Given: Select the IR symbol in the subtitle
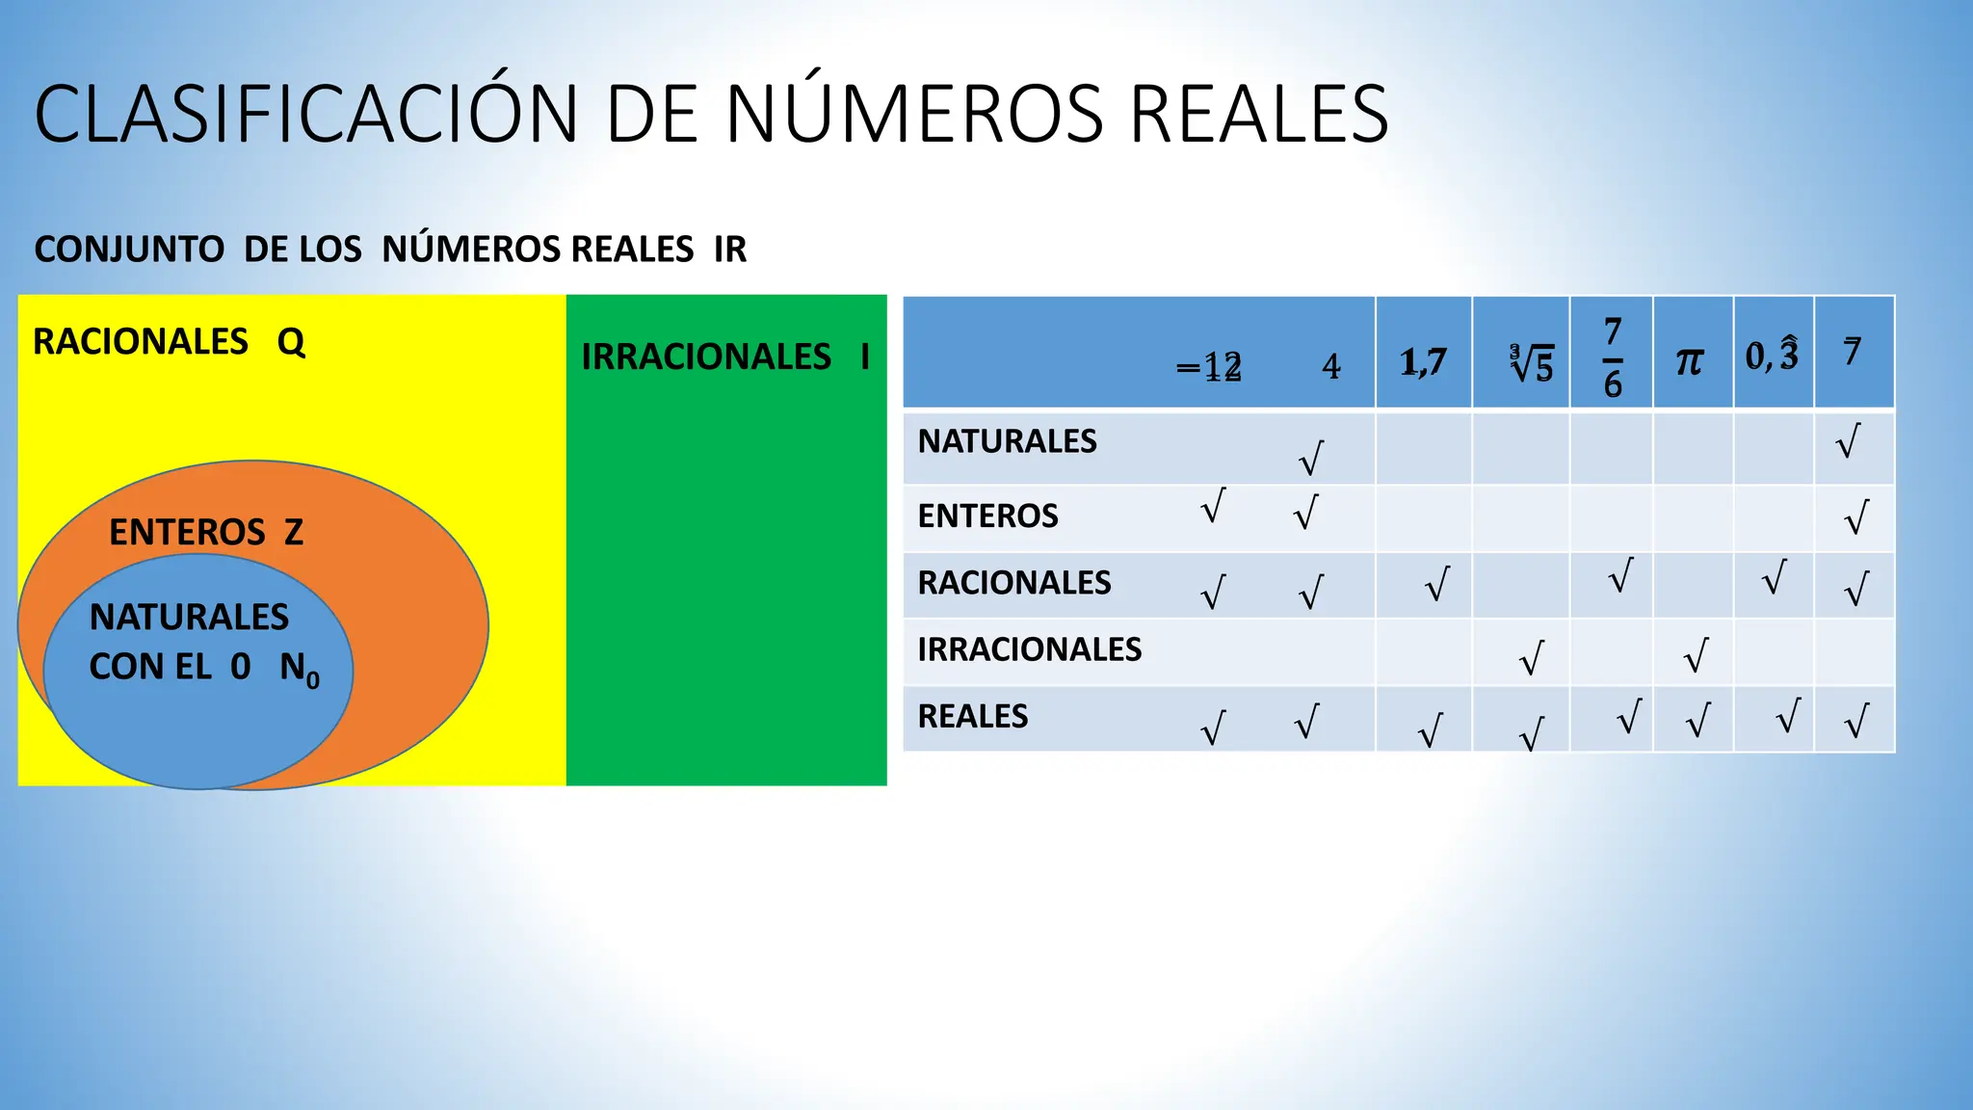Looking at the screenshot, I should (730, 250).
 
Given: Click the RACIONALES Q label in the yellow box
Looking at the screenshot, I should (170, 342).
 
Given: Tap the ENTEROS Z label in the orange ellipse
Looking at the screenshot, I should (206, 532).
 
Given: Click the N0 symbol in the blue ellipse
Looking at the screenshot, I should (300, 669).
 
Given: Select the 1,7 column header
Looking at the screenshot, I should (1423, 362).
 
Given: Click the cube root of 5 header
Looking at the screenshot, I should (1531, 364).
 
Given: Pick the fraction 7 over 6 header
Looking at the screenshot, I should (1613, 357).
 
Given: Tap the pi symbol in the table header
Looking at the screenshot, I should (1690, 361).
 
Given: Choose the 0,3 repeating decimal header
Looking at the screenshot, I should (1772, 356).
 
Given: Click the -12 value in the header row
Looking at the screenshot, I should (1209, 367).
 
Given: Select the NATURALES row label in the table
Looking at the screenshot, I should (1007, 441).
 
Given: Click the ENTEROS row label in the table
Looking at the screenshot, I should (987, 516).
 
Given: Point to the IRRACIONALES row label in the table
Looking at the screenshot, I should (1029, 650).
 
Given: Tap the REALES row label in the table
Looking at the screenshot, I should (973, 717).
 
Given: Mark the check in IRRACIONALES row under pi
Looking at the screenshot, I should (1696, 655).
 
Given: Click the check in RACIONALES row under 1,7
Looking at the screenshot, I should (1436, 584).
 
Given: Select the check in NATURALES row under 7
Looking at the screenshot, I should (1848, 440).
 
